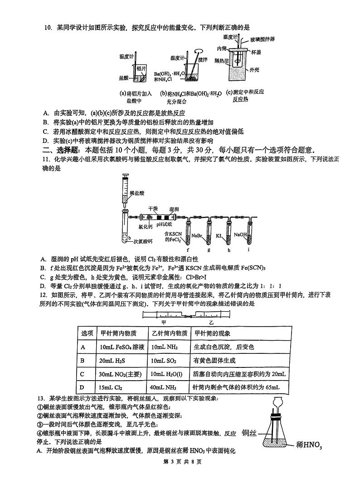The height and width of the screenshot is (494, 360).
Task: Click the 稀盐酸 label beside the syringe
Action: [136, 193]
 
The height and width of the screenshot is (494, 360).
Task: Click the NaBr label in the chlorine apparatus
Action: [197, 235]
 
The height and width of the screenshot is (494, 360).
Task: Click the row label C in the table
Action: [83, 374]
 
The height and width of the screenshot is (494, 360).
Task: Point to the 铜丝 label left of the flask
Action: [249, 433]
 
